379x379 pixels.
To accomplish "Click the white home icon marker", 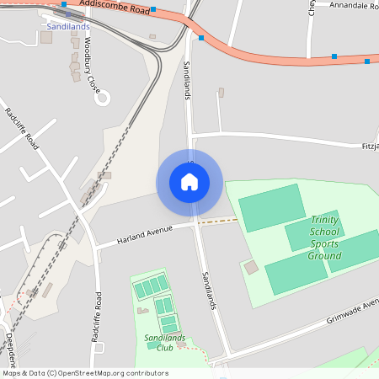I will click(x=189, y=182).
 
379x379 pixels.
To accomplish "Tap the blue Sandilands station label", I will click(x=69, y=26).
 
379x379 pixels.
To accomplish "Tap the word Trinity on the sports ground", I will click(x=324, y=219).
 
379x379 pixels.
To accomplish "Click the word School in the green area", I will click(x=324, y=232).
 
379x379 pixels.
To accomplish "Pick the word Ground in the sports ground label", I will click(x=324, y=256).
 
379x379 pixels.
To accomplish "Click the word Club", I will click(x=164, y=347).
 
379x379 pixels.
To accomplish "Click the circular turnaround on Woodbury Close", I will click(x=102, y=98).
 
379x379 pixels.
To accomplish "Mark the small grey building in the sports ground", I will click(x=251, y=267).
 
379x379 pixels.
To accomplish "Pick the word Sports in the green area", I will click(x=324, y=243).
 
